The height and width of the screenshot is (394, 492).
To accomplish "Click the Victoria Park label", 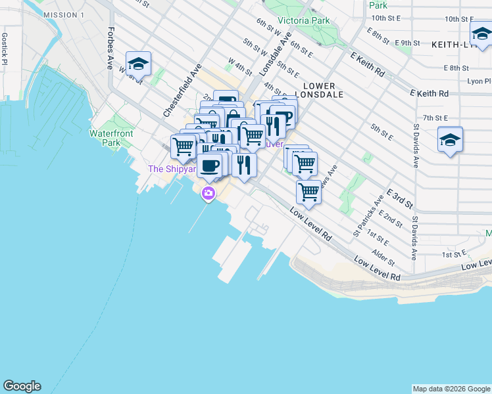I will coord(303,20).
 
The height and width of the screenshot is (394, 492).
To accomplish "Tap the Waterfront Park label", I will coord(111,138).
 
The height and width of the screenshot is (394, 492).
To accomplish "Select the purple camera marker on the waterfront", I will coord(209,193).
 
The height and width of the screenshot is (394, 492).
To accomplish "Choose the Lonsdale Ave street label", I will coord(275,56).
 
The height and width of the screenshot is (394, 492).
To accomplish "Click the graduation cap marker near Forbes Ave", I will coord(138,64).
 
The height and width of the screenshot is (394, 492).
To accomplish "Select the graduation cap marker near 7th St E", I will coord(451,140).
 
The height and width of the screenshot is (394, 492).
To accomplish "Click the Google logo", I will coord(22,386).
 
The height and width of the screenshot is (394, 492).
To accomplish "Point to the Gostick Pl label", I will coord(4,48).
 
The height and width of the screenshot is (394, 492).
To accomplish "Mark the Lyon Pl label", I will coord(478,81).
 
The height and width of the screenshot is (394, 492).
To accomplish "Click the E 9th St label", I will coord(408,43).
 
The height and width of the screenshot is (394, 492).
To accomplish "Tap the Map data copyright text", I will coord(451,389).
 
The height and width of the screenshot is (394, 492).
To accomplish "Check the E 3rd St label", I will coord(399,197).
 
